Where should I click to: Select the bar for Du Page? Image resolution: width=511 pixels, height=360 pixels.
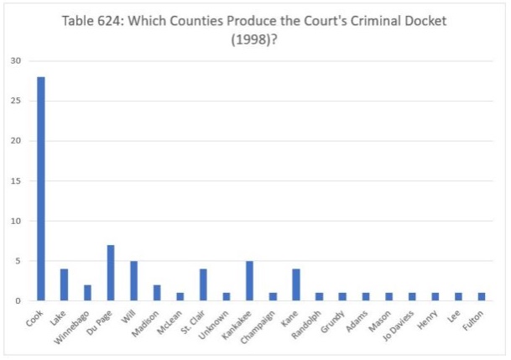click(110, 273)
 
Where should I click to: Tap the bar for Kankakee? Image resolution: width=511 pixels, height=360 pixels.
click(249, 280)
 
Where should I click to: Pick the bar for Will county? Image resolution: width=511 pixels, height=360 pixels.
click(133, 280)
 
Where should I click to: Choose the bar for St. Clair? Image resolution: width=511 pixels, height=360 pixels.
click(203, 284)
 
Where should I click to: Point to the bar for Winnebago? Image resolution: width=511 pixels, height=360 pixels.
click(87, 293)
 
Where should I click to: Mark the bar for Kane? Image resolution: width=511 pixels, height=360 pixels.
click(295, 284)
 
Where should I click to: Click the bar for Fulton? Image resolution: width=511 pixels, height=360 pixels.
click(482, 296)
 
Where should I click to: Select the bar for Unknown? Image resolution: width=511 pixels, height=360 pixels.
click(226, 296)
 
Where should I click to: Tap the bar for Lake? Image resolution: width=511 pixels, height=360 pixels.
click(64, 284)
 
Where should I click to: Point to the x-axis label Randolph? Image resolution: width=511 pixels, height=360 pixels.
click(307, 323)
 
